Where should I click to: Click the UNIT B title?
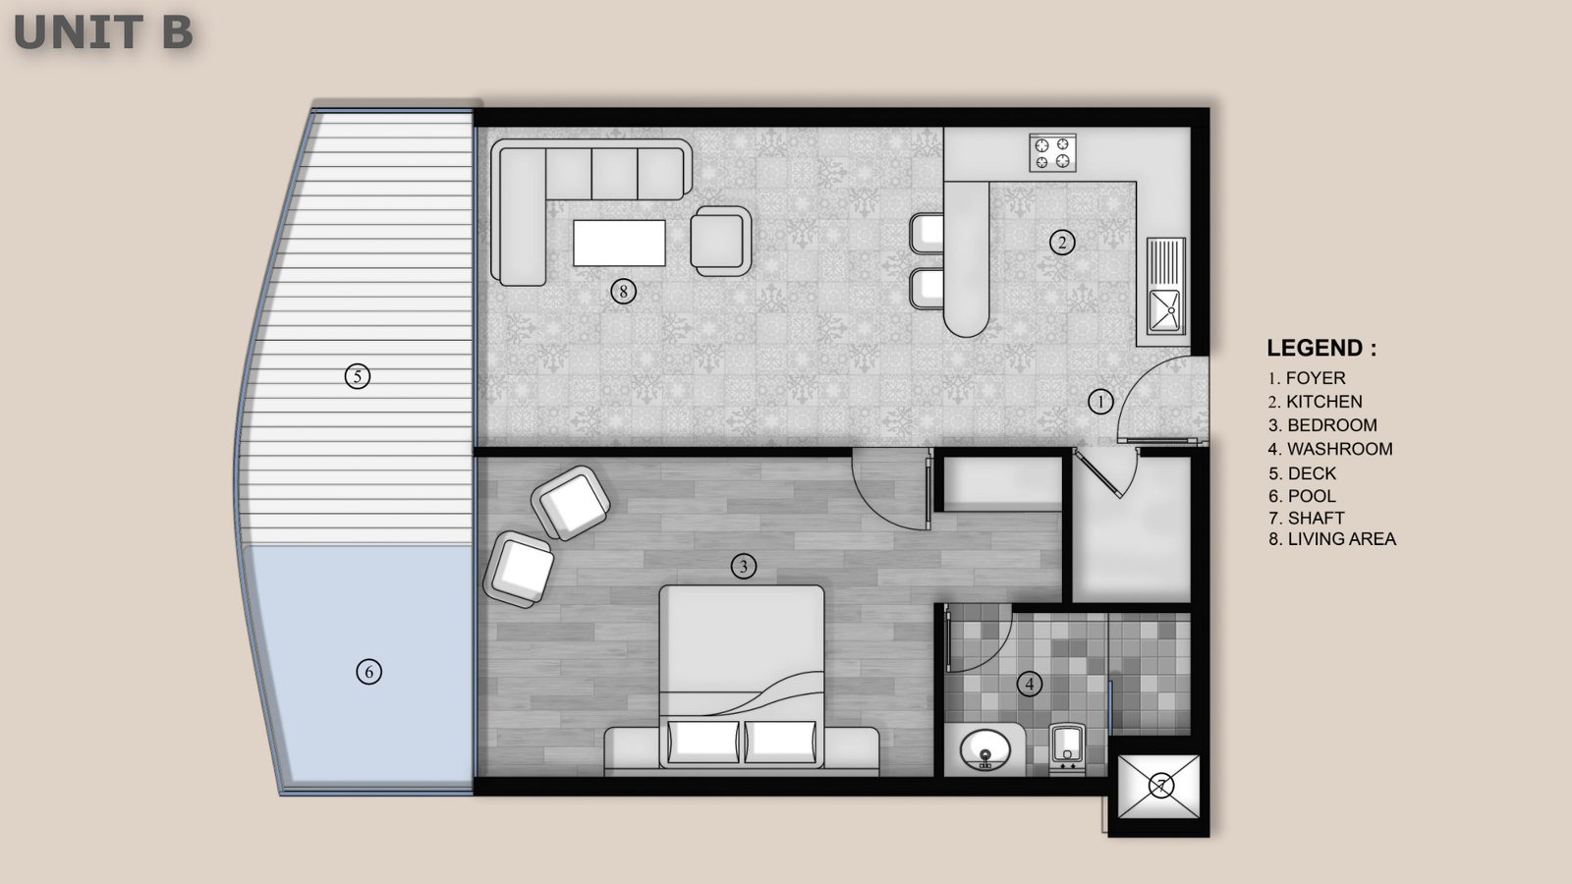click(x=103, y=32)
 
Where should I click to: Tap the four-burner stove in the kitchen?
click(x=1052, y=152)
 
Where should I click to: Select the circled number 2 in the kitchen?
click(x=1062, y=243)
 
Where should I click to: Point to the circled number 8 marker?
click(x=623, y=291)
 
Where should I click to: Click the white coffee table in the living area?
click(x=619, y=243)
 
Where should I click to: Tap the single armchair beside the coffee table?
click(x=721, y=241)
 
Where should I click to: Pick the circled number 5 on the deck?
click(x=358, y=377)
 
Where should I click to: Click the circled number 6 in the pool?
click(x=369, y=672)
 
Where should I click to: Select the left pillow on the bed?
click(x=703, y=742)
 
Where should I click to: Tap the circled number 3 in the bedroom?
click(x=743, y=566)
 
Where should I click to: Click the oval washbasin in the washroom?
click(x=985, y=750)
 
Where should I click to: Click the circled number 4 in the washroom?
click(x=1030, y=684)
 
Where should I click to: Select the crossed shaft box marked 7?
click(x=1158, y=787)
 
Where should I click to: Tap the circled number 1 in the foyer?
click(x=1100, y=402)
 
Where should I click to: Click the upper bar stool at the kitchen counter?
click(x=926, y=232)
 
